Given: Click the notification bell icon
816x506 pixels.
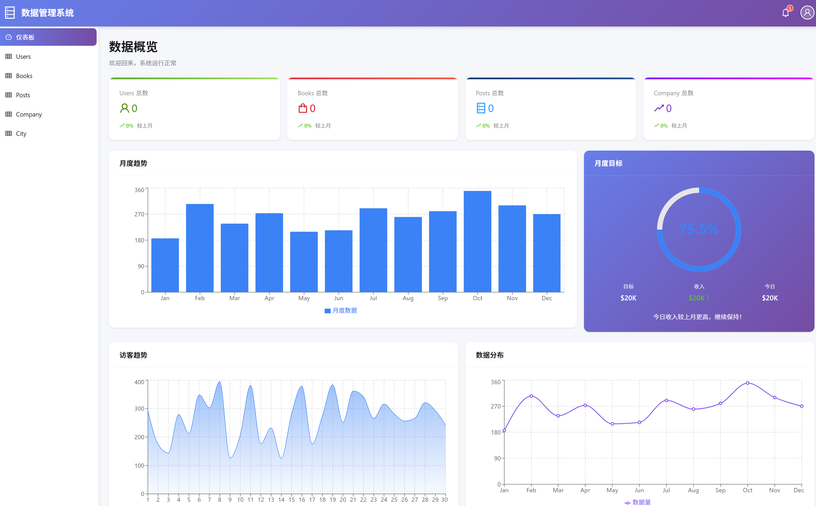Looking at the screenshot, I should (785, 13).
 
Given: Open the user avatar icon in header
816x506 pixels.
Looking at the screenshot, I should (807, 13).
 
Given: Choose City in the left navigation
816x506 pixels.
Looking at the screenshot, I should (21, 134).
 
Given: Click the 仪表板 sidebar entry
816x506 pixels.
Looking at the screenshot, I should (25, 37).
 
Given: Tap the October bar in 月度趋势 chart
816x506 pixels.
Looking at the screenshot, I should (477, 241).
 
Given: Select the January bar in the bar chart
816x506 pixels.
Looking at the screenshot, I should (165, 265).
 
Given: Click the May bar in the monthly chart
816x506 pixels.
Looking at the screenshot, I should (304, 262).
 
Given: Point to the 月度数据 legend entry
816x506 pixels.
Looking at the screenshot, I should (341, 311).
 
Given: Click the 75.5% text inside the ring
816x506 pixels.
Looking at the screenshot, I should (699, 229).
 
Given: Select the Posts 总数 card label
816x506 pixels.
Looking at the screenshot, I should (490, 93).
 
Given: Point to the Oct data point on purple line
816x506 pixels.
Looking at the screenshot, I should (747, 383).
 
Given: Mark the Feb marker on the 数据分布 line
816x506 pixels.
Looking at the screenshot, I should (531, 396).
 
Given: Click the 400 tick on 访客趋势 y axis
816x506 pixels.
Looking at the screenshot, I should (139, 382).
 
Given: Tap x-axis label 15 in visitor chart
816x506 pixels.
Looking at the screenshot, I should (291, 500).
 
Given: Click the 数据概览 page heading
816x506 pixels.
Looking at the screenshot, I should (133, 47).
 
